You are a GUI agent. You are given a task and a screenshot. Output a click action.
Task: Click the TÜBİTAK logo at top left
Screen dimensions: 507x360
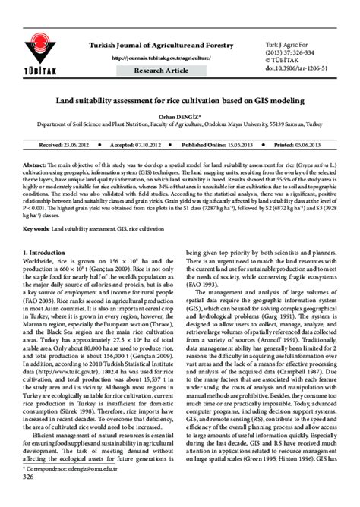37,42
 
